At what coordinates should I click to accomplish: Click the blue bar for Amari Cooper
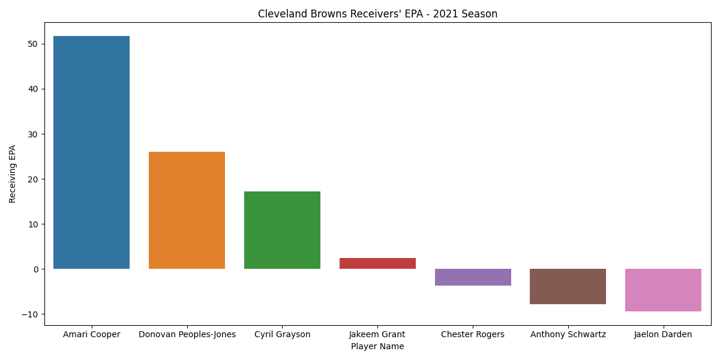[x=92, y=152]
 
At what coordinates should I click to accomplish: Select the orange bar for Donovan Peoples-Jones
[x=187, y=210]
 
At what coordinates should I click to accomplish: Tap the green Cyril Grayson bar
[x=282, y=230]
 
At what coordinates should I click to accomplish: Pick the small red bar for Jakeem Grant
[x=377, y=263]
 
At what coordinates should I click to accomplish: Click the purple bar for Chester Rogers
[x=473, y=277]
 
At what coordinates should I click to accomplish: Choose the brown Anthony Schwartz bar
[x=568, y=286]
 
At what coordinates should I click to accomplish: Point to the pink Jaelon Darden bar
[x=664, y=290]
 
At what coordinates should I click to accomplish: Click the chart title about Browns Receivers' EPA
[x=377, y=14]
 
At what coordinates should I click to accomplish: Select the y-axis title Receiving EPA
[x=12, y=174]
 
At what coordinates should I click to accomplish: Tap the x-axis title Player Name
[x=377, y=347]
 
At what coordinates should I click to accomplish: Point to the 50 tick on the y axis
[x=33, y=44]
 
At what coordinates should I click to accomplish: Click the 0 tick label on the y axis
[x=35, y=269]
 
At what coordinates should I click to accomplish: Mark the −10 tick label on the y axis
[x=30, y=314]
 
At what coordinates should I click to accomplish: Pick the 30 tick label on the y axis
[x=33, y=134]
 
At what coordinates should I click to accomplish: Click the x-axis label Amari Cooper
[x=92, y=335]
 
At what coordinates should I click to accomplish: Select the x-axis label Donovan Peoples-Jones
[x=187, y=335]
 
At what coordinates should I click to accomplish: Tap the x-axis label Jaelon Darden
[x=663, y=335]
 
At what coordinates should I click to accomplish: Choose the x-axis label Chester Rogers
[x=473, y=335]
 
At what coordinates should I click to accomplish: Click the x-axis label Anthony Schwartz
[x=568, y=335]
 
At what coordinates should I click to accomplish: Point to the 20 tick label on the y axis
[x=33, y=179]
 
